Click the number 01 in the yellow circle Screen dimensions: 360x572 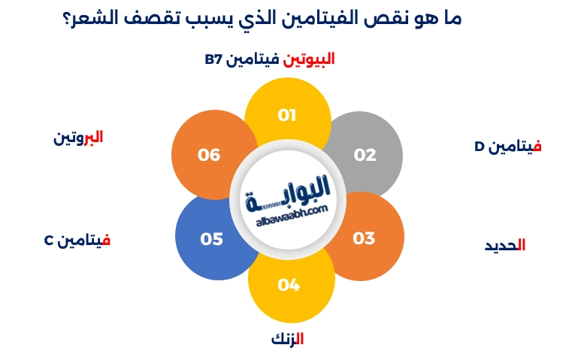[287, 116]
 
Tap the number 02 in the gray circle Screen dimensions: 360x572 [365, 155]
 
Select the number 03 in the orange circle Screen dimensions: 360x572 [364, 238]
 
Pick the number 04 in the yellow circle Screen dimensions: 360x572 [289, 285]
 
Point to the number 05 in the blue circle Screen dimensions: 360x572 [212, 239]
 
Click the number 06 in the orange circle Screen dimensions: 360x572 [209, 155]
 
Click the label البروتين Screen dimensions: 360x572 [78, 138]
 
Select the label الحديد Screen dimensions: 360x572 [504, 245]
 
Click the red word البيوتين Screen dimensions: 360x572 [308, 59]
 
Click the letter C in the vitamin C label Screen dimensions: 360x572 [47, 241]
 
